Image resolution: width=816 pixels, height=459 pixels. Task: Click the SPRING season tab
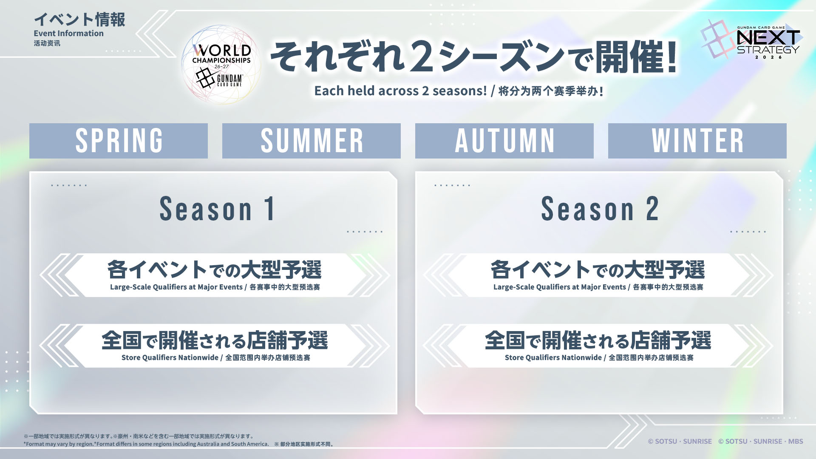click(x=119, y=141)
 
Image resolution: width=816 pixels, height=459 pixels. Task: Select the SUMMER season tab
click(x=312, y=141)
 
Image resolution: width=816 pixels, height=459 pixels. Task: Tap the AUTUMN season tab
click(x=504, y=141)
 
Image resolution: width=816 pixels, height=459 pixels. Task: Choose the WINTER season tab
click(x=697, y=141)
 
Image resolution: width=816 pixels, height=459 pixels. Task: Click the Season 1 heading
click(x=217, y=209)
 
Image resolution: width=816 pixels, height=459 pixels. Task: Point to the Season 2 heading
click(x=600, y=209)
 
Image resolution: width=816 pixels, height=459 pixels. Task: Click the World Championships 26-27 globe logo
click(x=221, y=65)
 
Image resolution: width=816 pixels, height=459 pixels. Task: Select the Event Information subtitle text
click(x=69, y=33)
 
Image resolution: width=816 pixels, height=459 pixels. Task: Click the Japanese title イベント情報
click(x=79, y=20)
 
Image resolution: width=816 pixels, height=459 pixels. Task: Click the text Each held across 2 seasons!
click(x=400, y=91)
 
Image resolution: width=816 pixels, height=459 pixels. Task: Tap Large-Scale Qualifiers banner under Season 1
click(x=215, y=275)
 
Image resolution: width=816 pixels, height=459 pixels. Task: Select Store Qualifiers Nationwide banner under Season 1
click(x=215, y=346)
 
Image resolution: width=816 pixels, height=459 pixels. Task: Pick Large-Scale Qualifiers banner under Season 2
click(x=598, y=275)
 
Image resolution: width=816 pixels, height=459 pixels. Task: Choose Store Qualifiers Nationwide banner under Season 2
click(x=598, y=346)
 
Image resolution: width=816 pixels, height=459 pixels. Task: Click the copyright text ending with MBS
click(x=761, y=441)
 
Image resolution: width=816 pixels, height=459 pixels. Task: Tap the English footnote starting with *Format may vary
click(x=146, y=444)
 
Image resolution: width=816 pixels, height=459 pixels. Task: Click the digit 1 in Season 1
click(x=269, y=209)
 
